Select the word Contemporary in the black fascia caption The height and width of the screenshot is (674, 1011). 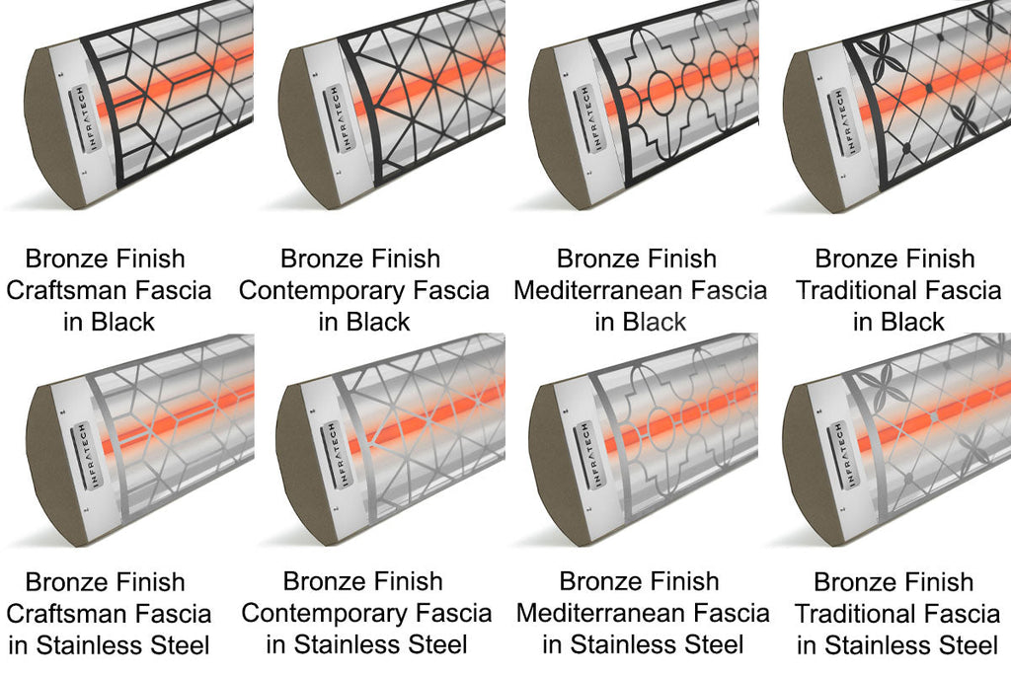[x=321, y=290]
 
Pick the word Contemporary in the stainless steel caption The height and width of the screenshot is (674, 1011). [x=324, y=613]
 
